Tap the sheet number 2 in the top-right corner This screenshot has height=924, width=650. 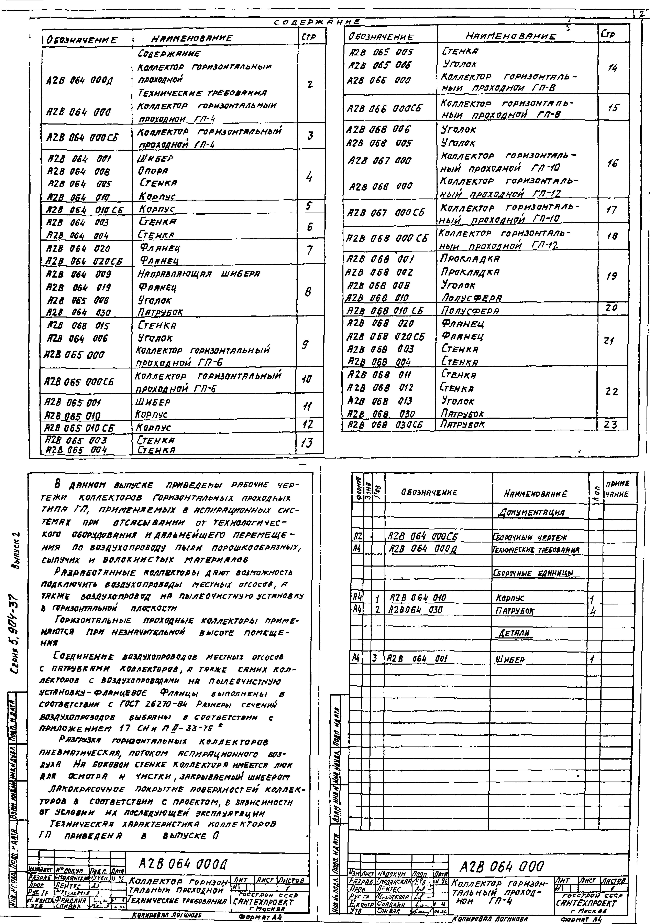pos(642,14)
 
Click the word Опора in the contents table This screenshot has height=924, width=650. pos(153,171)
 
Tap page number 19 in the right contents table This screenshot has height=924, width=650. pos(611,276)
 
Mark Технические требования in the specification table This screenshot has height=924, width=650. pos(536,550)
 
